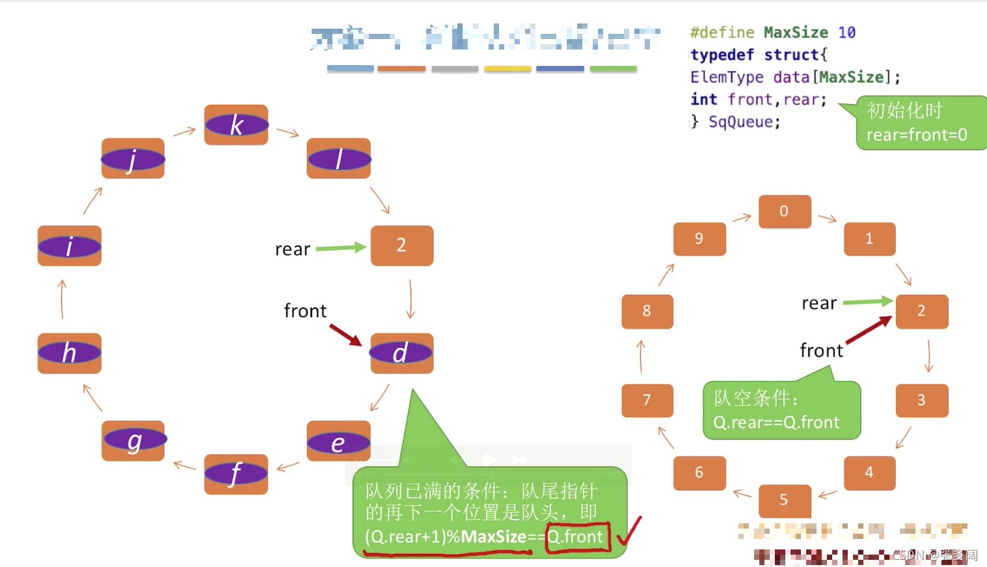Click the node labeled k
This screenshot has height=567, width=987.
[x=236, y=124]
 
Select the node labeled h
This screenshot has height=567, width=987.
[x=70, y=353]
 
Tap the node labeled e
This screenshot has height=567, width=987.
[x=338, y=442]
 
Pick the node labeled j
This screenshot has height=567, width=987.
[x=133, y=158]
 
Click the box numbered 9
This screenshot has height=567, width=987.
[x=699, y=238]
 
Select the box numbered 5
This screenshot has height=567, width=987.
[x=784, y=499]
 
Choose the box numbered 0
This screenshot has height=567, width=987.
[x=785, y=211]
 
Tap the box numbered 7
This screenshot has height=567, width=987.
[x=647, y=400]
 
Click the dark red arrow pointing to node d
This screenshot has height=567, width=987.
[x=345, y=335]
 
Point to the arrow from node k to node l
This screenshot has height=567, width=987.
[x=288, y=132]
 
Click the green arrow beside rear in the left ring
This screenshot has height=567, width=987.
[x=341, y=247]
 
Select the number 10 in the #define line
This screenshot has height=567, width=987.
[x=846, y=33]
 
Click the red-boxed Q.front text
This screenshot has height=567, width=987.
[x=577, y=537]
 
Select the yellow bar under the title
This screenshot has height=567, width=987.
[x=507, y=68]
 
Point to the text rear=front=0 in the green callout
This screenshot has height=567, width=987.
[x=916, y=135]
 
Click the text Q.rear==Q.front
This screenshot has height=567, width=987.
[x=776, y=422]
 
